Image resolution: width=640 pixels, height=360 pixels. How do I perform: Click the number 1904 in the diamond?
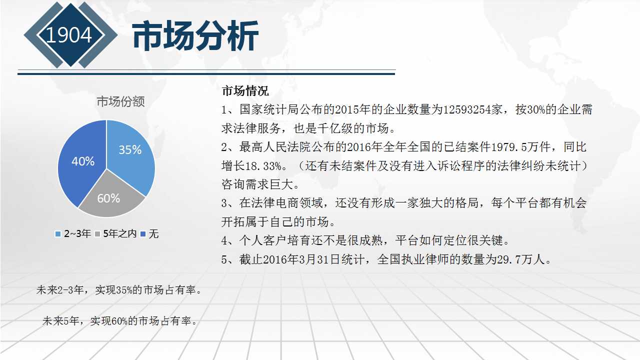click(x=68, y=35)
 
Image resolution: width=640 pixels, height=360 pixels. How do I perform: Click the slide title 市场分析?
click(x=195, y=35)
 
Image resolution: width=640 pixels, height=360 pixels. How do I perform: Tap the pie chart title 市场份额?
click(x=120, y=101)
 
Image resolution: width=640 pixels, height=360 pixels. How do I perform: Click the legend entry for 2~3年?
click(x=73, y=233)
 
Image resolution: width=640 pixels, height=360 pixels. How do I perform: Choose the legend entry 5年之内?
click(x=116, y=233)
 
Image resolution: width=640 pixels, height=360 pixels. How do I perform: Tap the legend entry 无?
click(x=149, y=233)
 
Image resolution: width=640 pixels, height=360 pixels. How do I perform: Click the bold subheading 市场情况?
click(x=245, y=91)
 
